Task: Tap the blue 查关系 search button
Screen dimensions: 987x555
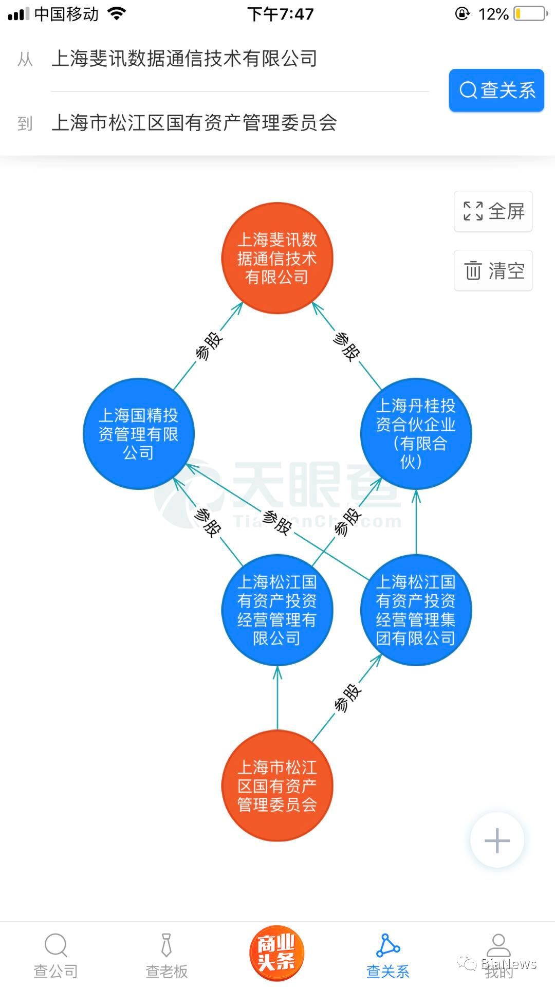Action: pyautogui.click(x=496, y=90)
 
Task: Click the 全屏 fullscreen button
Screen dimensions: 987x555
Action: pyautogui.click(x=493, y=211)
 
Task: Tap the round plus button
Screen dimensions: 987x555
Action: pyautogui.click(x=497, y=840)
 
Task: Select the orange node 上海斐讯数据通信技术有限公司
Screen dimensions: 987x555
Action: pyautogui.click(x=277, y=258)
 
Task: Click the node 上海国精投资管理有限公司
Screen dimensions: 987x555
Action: pyautogui.click(x=138, y=434)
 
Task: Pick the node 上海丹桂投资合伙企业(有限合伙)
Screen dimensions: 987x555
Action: pyautogui.click(x=416, y=434)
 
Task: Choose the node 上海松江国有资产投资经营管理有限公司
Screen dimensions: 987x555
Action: pyautogui.click(x=277, y=610)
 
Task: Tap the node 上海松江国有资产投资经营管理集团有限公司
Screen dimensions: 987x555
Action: pyautogui.click(x=416, y=610)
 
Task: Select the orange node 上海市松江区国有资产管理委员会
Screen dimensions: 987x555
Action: pyautogui.click(x=277, y=786)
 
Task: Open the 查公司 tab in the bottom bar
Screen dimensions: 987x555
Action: pyautogui.click(x=55, y=956)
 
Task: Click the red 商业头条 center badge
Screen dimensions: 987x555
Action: pyautogui.click(x=276, y=954)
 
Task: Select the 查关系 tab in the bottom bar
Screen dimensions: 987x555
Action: pyautogui.click(x=388, y=956)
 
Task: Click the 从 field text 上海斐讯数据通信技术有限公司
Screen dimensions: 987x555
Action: pyautogui.click(x=184, y=59)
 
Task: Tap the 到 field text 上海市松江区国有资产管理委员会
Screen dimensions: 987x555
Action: pyautogui.click(x=194, y=123)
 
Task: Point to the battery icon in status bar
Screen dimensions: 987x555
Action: pyautogui.click(x=531, y=14)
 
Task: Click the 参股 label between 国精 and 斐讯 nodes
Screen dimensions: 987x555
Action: pyautogui.click(x=209, y=346)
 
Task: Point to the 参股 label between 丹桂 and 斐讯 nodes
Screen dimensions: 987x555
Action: pyautogui.click(x=346, y=346)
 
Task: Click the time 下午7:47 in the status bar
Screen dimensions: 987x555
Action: pyautogui.click(x=280, y=14)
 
